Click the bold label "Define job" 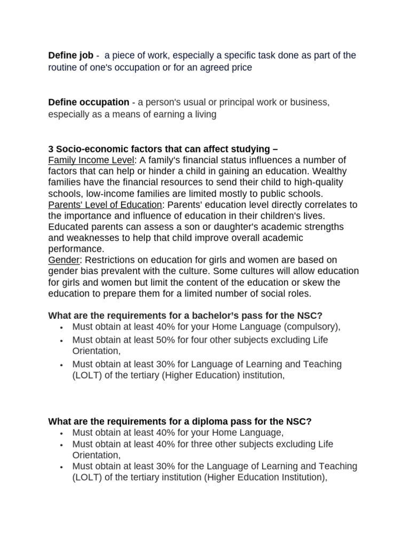[x=70, y=55]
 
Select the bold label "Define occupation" [x=89, y=102]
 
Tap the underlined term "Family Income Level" [x=91, y=160]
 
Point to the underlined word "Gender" [x=63, y=260]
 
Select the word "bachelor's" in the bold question [x=201, y=315]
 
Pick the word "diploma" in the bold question [x=196, y=421]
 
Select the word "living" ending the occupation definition [x=203, y=114]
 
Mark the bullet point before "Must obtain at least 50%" [x=62, y=341]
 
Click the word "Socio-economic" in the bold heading [x=88, y=149]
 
